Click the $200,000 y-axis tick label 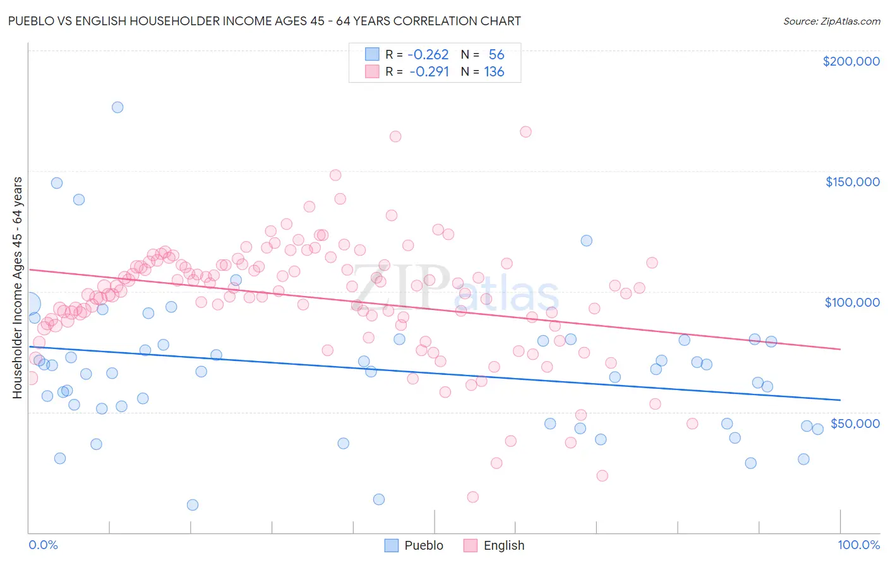pyautogui.click(x=851, y=61)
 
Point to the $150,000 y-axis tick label pyautogui.click(x=852, y=182)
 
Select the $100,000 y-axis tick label pyautogui.click(x=852, y=302)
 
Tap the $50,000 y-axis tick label pyautogui.click(x=855, y=423)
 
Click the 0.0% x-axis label pyautogui.click(x=43, y=545)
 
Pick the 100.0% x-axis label pyautogui.click(x=858, y=545)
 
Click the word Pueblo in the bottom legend pyautogui.click(x=424, y=545)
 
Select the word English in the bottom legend pyautogui.click(x=503, y=545)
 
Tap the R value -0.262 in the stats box pyautogui.click(x=428, y=55)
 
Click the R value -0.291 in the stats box pyautogui.click(x=429, y=72)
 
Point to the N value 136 pyautogui.click(x=494, y=72)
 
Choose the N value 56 pyautogui.click(x=496, y=55)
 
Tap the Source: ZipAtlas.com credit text pyautogui.click(x=831, y=21)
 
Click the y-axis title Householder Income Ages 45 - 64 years pyautogui.click(x=17, y=287)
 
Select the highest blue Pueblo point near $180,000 pyautogui.click(x=117, y=107)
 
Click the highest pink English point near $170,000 pyautogui.click(x=525, y=132)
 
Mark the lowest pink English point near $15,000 pyautogui.click(x=472, y=497)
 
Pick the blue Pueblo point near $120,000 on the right pyautogui.click(x=586, y=240)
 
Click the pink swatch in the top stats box pyautogui.click(x=372, y=72)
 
